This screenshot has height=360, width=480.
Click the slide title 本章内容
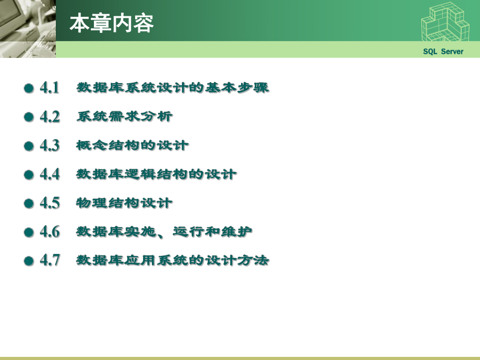point(112,23)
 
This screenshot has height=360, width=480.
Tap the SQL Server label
point(443,51)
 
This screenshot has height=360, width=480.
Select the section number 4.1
point(50,88)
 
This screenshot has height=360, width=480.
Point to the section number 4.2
point(50,116)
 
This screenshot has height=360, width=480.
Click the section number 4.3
point(50,145)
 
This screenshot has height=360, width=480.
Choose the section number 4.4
point(50,174)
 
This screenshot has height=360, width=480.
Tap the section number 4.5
point(50,202)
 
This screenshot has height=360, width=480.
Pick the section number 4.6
point(50,231)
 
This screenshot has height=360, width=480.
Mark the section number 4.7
point(50,260)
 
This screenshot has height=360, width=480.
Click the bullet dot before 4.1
point(29,89)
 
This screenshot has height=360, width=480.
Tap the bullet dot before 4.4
point(29,175)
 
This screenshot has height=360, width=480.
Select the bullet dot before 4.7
point(29,261)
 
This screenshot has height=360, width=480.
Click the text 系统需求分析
point(124,116)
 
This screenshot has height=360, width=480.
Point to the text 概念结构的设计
point(133,145)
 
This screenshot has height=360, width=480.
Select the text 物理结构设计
point(124,202)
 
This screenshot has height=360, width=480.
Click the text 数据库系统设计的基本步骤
point(173,88)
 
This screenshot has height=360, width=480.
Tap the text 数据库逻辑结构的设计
point(157,174)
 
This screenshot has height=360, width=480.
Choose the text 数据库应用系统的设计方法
point(173,260)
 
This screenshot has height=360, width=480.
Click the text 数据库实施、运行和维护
point(165,231)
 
